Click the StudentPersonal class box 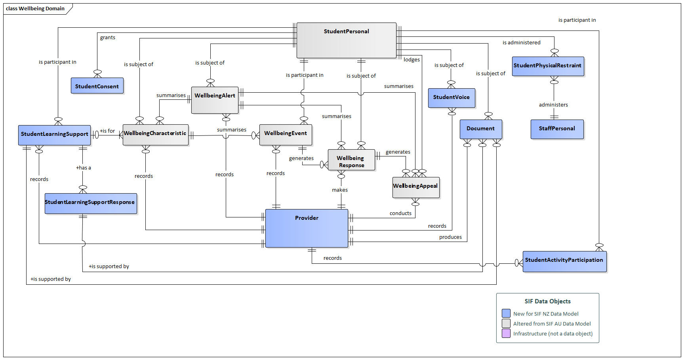346,40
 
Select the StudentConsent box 97,86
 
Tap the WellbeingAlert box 215,100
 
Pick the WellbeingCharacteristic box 155,135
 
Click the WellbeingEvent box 286,135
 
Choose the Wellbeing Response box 351,160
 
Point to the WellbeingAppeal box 415,187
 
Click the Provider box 307,228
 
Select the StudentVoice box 451,98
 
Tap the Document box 480,129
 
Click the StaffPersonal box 557,129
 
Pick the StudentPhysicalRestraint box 548,66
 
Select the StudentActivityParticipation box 564,261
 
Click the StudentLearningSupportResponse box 91,203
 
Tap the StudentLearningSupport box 54,135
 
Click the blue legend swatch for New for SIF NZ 506,313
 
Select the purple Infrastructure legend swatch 506,333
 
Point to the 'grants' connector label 107,38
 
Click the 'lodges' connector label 412,60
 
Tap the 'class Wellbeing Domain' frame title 35,9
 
